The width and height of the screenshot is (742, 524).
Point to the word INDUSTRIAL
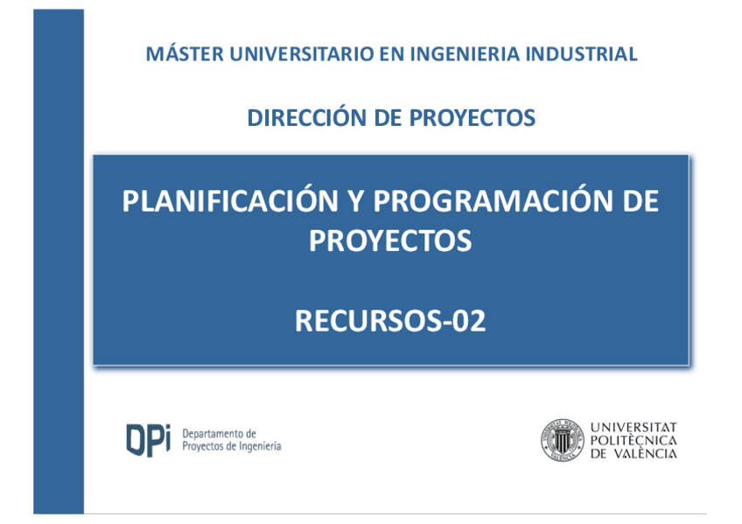coord(582,54)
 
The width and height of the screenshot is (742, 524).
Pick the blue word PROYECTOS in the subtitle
coord(472,118)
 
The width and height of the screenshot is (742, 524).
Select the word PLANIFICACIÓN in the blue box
coord(230,200)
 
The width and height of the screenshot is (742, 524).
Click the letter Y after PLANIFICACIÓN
coord(356,201)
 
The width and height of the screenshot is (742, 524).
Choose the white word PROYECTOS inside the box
coord(390,241)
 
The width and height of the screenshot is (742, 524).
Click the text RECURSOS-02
coord(390,321)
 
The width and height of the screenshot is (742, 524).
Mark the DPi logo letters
coord(148,440)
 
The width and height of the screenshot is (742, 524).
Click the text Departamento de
coord(219,433)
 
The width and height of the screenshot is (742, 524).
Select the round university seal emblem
coord(562,440)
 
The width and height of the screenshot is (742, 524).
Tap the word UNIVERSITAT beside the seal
coord(633,427)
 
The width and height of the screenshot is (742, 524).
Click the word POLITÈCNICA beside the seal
coord(633,440)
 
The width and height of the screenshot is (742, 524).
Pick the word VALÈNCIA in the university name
coord(646,453)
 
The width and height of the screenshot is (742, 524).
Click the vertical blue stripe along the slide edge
coord(59,262)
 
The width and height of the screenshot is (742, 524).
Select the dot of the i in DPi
coord(166,427)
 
